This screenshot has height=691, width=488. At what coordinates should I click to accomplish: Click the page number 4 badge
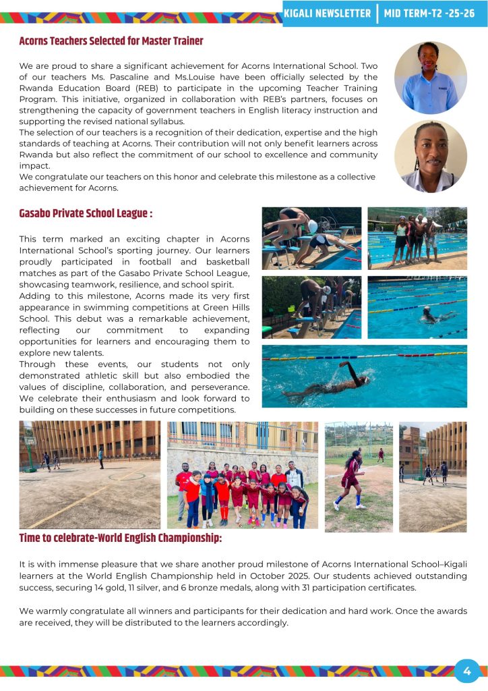pos(467,671)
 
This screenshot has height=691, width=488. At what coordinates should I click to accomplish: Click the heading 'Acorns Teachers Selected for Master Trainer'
pos(111,42)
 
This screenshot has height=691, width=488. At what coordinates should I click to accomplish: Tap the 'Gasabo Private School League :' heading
pos(86,214)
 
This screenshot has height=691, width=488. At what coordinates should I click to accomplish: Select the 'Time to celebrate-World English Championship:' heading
pos(120,538)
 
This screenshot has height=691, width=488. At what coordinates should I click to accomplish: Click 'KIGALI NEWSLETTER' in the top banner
pos(328,13)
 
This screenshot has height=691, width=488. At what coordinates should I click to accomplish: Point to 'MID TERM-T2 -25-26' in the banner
pos(429,13)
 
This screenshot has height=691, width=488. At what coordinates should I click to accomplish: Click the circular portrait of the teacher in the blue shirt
pos(430,78)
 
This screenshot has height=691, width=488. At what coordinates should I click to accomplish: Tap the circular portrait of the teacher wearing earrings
pos(430,157)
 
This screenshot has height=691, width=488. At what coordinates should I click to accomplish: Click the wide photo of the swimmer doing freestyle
pos(364,376)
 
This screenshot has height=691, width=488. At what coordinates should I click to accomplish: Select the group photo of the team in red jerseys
pos(243,475)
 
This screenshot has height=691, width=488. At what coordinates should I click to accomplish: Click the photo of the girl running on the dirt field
pos(358,476)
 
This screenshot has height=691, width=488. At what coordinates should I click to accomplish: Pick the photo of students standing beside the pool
pos(417,238)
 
